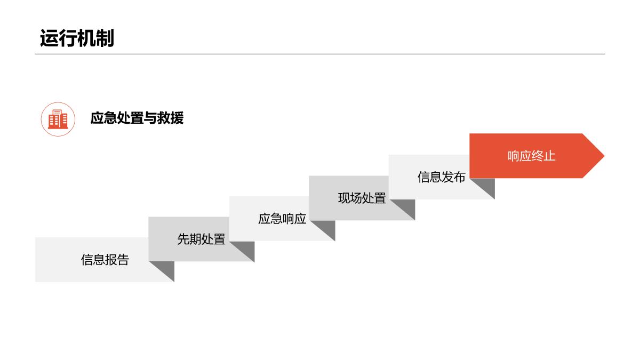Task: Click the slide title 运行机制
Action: [77, 38]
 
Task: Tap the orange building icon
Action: [58, 119]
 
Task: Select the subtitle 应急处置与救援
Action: [137, 118]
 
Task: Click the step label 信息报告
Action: [105, 260]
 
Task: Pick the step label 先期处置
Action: [201, 239]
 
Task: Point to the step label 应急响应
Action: [282, 219]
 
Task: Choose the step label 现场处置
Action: [362, 198]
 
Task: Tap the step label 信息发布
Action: [442, 177]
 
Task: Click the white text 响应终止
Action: [531, 156]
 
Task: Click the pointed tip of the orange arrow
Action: [604, 156]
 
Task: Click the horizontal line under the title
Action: [319, 54]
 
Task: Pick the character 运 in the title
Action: [49, 38]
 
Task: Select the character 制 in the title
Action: [105, 38]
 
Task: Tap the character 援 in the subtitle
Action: [177, 118]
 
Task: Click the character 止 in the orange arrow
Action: [550, 156]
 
